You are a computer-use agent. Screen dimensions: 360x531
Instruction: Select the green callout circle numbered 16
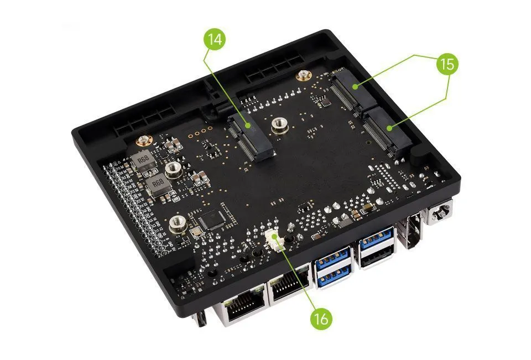(321, 319)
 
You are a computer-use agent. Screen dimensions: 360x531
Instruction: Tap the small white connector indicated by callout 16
(274, 239)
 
